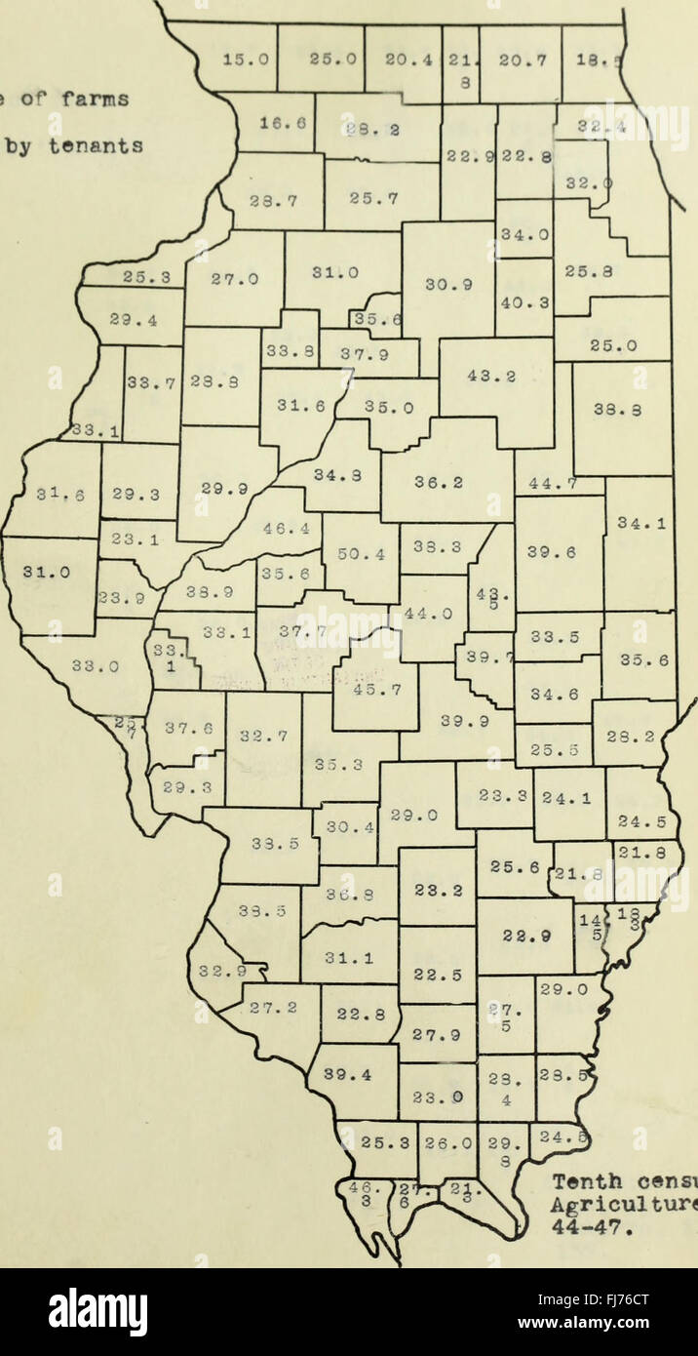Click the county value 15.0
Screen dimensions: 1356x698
pyautogui.click(x=238, y=59)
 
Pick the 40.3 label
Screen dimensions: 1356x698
pyautogui.click(x=523, y=302)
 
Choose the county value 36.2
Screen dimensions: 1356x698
pyautogui.click(x=446, y=482)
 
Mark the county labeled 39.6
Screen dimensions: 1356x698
pyautogui.click(x=560, y=551)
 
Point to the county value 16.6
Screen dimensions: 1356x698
pyautogui.click(x=276, y=123)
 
